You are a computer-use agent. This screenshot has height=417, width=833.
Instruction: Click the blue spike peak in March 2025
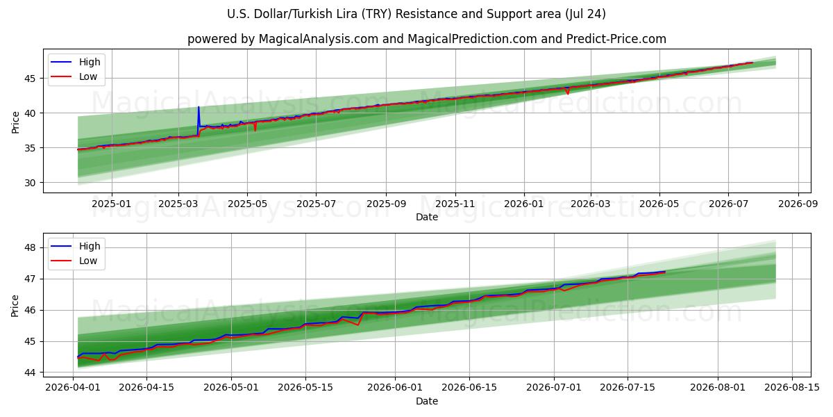pos(199,107)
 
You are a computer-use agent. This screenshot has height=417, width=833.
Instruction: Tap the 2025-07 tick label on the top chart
pos(316,204)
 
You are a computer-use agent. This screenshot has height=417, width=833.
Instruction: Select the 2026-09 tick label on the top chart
pos(798,204)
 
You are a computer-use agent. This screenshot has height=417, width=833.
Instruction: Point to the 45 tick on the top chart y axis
pos(30,79)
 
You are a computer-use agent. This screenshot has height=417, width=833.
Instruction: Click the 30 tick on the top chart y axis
pos(30,183)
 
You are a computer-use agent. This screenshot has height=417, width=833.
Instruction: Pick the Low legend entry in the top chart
pos(74,76)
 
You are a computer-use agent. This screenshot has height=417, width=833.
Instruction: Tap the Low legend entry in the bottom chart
pos(74,261)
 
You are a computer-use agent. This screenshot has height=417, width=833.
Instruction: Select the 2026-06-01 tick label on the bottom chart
pos(395,388)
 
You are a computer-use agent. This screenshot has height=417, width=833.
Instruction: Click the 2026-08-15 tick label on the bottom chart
pos(792,388)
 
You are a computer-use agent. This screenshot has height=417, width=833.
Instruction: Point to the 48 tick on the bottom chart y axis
pos(30,247)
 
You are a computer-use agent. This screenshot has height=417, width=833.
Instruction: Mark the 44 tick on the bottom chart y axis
pos(30,373)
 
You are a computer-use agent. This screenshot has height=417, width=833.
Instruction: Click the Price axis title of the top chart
pos(15,122)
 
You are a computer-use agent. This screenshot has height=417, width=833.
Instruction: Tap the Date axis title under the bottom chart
pos(427,401)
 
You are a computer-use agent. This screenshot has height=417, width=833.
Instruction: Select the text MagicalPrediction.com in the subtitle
pos(472,39)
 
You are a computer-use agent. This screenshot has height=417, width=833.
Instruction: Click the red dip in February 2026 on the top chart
pos(568,93)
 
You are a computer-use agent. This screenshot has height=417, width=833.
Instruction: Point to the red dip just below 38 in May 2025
pos(255,131)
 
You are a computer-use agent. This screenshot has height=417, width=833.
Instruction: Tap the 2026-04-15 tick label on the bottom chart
pos(146,388)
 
